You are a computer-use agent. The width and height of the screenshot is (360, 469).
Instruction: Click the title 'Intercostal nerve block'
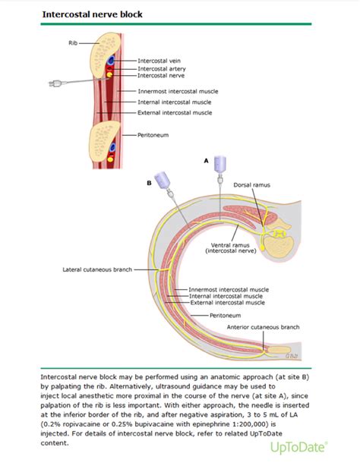[92, 14]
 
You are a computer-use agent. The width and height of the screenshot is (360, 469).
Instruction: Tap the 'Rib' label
[74, 42]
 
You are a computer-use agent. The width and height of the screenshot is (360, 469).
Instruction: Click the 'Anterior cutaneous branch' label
[263, 327]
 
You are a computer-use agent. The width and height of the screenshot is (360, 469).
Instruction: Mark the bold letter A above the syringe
[205, 161]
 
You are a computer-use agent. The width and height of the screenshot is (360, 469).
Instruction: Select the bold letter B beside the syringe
[150, 183]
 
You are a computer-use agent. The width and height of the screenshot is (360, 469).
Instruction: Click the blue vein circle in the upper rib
[110, 61]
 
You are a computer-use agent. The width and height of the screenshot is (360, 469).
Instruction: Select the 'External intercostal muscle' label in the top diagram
[175, 113]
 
